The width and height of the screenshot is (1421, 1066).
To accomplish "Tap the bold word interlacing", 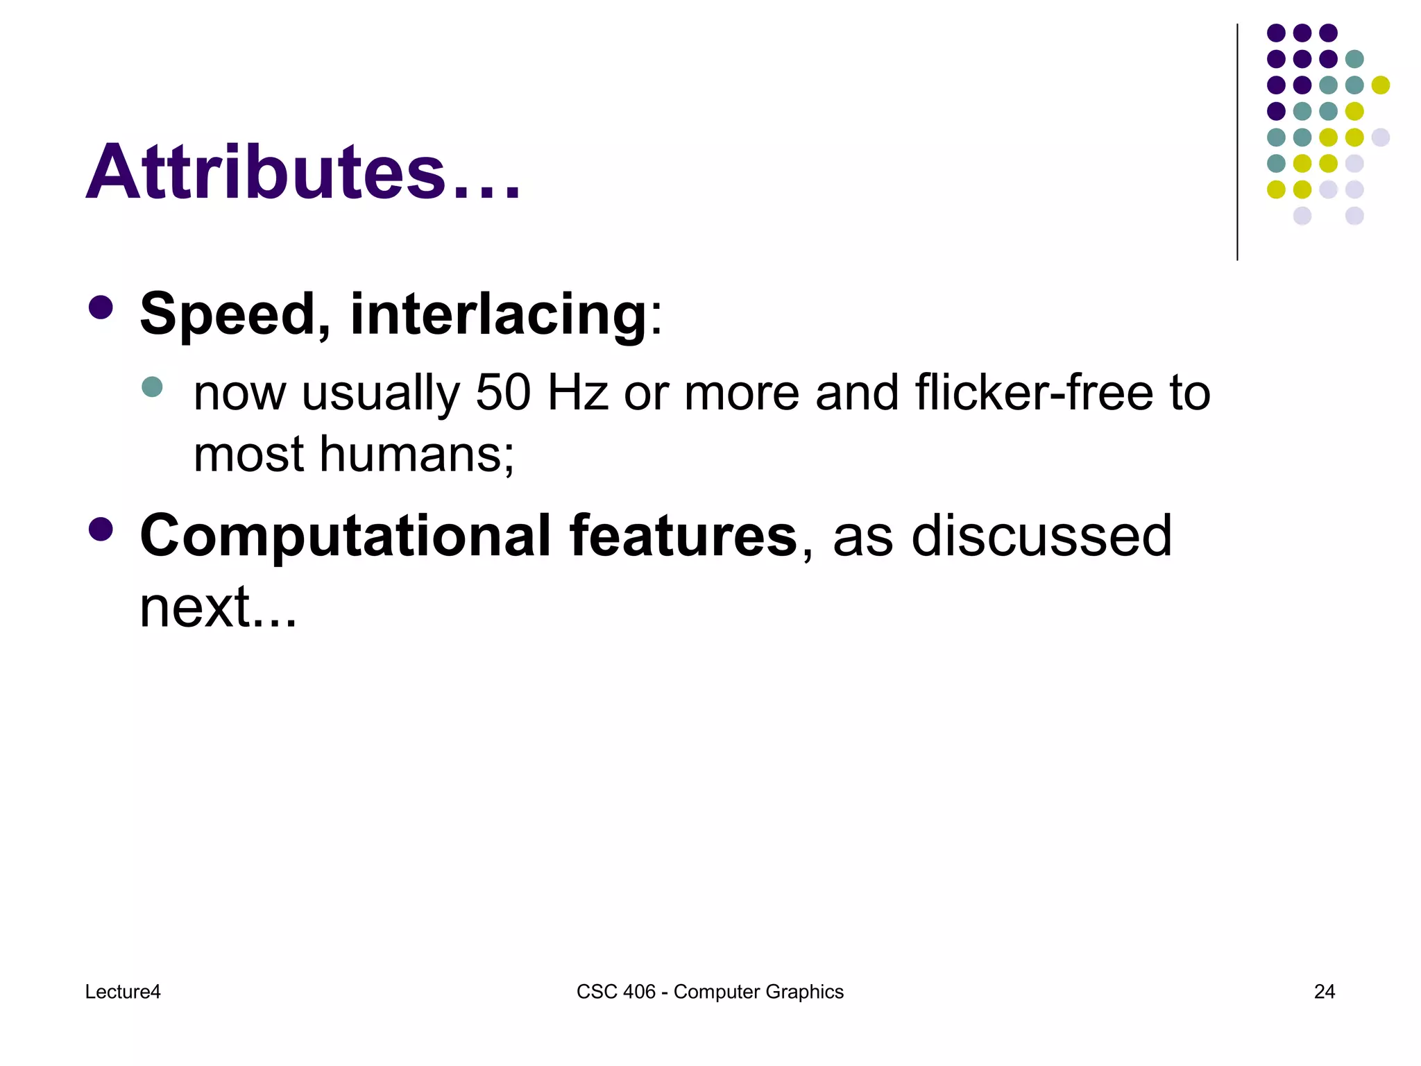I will tap(499, 314).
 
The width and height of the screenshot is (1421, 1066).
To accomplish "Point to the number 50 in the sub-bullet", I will tap(503, 393).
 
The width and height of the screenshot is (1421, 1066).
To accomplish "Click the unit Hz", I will tap(578, 393).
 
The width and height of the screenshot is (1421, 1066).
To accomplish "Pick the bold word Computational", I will tap(346, 536).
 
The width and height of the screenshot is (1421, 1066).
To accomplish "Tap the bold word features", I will tap(683, 536).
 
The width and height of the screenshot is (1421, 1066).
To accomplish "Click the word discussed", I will tap(1041, 536).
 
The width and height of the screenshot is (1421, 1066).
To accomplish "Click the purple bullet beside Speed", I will tap(101, 308).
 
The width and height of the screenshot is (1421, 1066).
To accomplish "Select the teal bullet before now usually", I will tap(152, 387).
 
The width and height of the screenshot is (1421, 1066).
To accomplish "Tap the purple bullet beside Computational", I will tap(101, 530).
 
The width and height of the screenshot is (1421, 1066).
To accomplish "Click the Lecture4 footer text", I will tap(123, 992).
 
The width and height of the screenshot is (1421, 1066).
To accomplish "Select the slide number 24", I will tap(1324, 992).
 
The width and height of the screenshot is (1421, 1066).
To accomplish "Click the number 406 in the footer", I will tap(639, 992).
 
